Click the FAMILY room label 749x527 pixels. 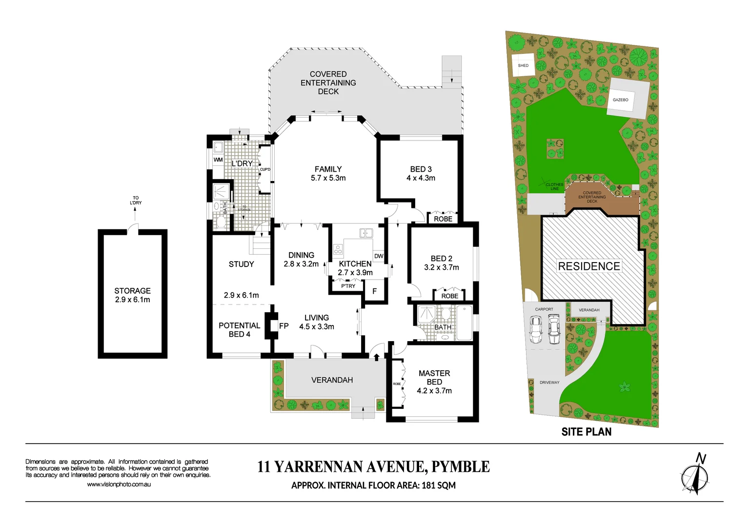328,169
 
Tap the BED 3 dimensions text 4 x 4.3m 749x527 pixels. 421,178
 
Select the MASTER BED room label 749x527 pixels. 434,377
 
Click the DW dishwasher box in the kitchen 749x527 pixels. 379,256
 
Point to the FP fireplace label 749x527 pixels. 283,326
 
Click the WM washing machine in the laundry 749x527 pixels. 218,160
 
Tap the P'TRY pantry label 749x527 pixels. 348,286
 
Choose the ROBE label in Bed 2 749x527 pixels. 449,296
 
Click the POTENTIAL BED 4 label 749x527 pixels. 239,329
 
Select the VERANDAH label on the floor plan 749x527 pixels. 332,380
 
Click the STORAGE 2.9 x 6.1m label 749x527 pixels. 132,295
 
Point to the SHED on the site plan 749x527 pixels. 523,65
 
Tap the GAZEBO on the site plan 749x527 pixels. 620,100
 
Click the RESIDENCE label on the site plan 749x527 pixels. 589,266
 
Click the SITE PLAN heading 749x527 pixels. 586,432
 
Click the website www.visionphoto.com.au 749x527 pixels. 119,485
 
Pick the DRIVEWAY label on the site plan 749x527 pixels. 549,383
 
